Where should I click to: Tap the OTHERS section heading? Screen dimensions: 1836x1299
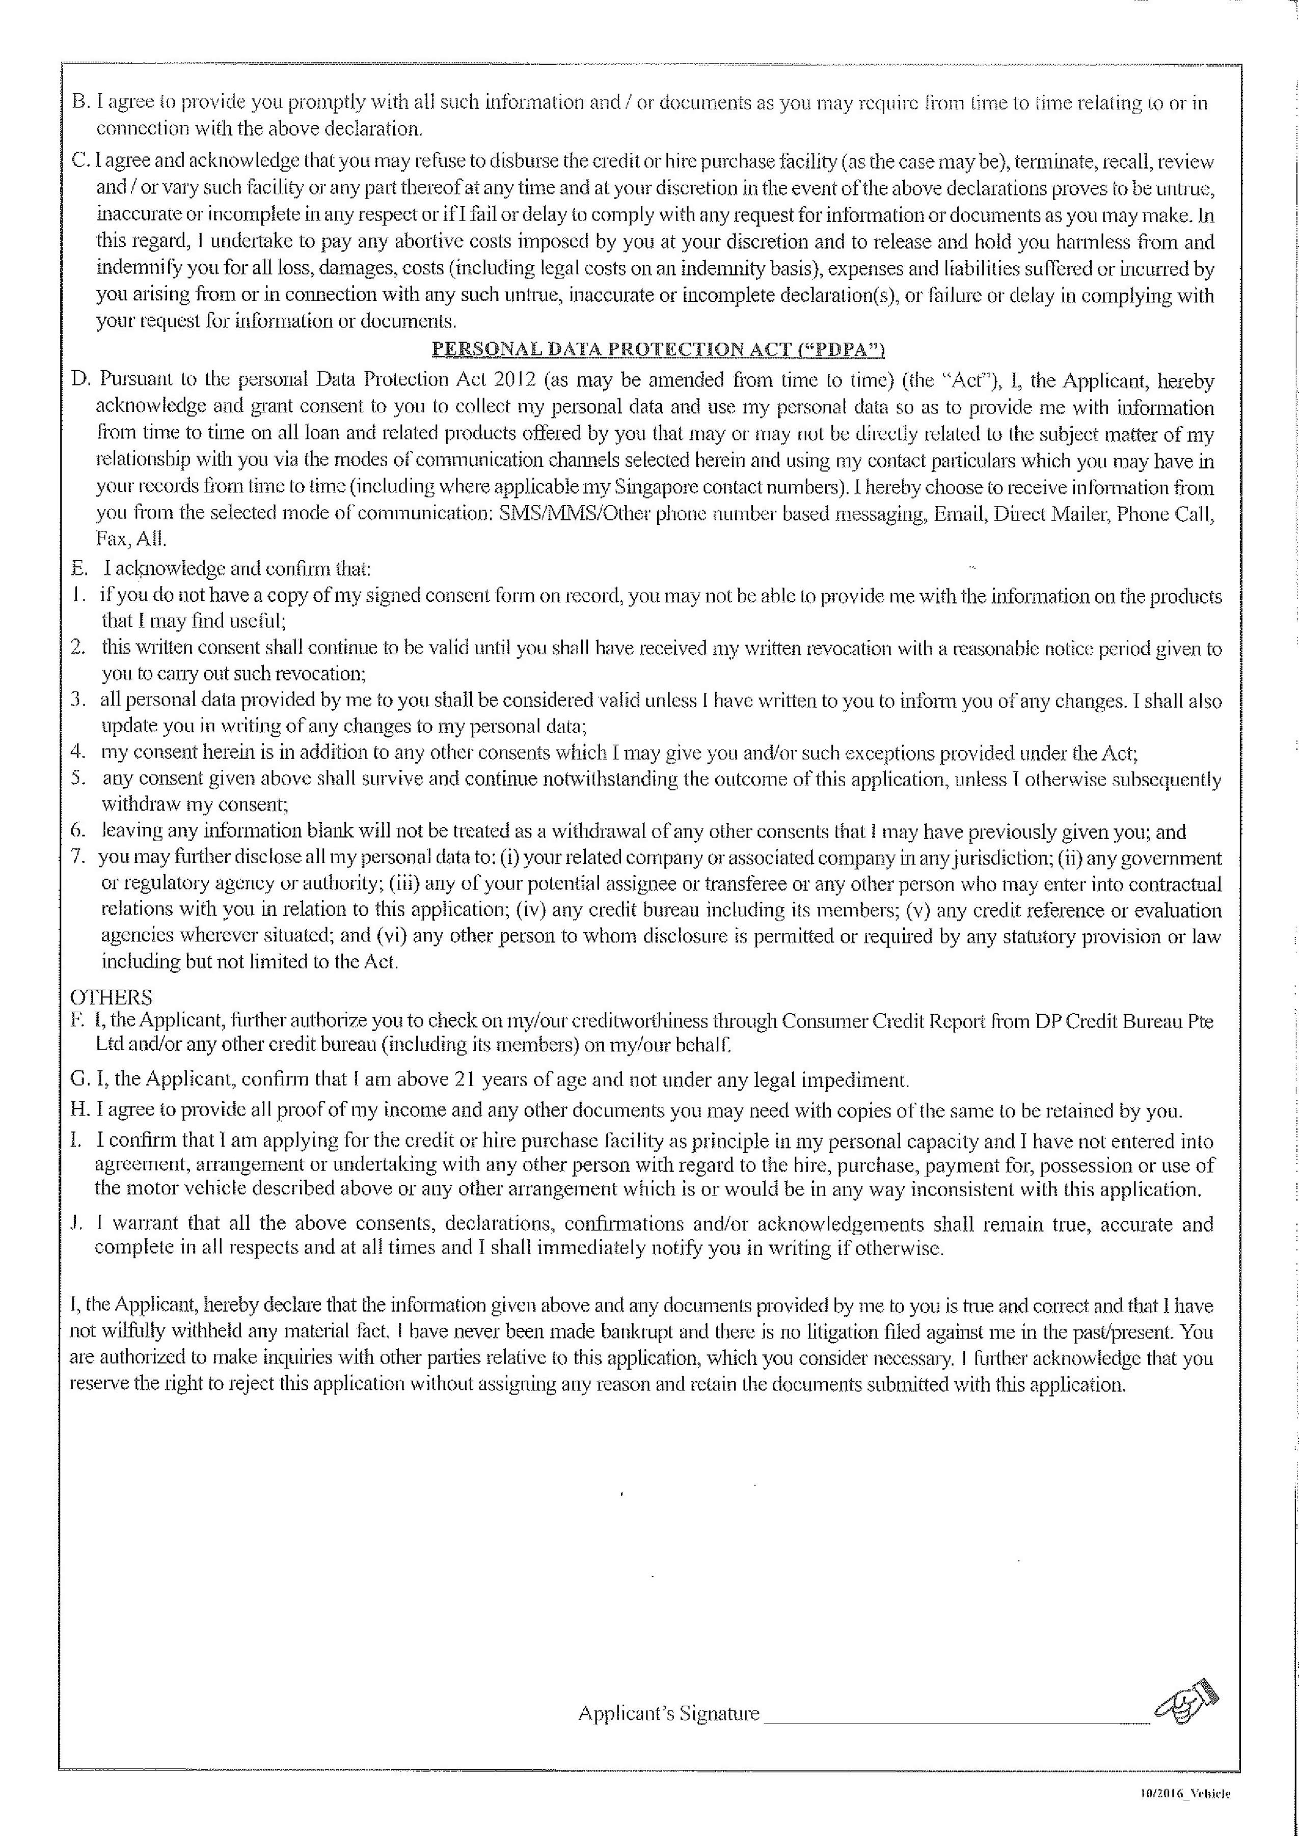tap(111, 997)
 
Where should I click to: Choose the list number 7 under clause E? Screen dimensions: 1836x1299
tap(77, 858)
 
